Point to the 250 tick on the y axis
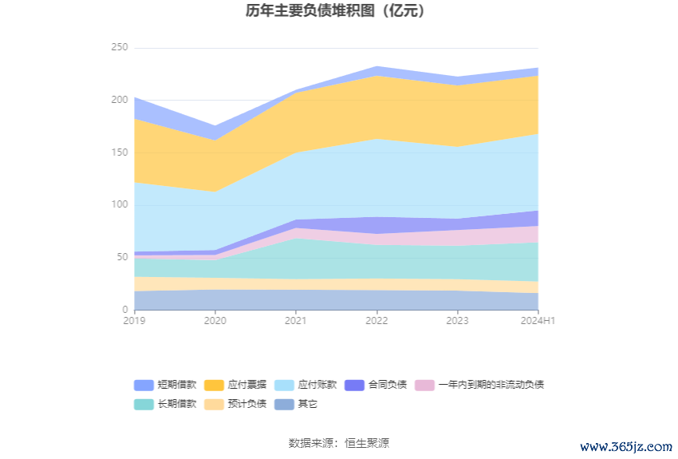[119, 48]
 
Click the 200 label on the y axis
[119, 101]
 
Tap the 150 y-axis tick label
[119, 152]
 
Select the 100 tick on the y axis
[119, 205]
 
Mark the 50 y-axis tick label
[121, 257]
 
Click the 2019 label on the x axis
[135, 321]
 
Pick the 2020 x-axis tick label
[215, 321]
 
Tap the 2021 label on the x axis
[296, 321]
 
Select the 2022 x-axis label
[376, 321]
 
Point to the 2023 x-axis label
[457, 321]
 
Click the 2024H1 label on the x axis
[537, 321]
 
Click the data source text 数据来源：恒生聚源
[338, 443]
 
